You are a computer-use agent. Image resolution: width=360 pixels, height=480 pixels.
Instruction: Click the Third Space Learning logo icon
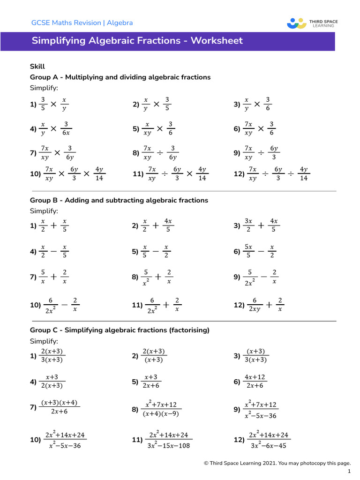click(296, 23)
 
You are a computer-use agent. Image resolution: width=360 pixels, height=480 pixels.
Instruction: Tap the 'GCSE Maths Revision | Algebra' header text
click(82, 22)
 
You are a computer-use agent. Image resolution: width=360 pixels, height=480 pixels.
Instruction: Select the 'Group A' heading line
click(120, 77)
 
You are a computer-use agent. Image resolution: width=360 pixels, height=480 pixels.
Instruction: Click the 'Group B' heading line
click(119, 200)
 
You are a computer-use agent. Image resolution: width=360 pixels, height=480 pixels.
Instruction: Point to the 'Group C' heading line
click(120, 330)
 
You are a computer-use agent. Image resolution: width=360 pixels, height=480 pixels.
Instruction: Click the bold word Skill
click(37, 67)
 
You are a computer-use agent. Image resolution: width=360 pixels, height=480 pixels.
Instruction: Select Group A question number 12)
click(240, 174)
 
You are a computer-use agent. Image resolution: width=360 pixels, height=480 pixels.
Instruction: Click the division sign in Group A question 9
click(261, 152)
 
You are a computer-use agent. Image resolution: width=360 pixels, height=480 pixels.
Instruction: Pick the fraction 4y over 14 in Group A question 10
click(99, 174)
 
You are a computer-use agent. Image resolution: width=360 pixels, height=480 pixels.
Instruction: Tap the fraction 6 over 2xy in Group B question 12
click(255, 305)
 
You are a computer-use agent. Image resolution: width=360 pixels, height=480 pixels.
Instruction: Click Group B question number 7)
click(33, 277)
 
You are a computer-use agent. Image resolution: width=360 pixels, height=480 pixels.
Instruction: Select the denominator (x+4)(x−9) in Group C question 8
click(161, 414)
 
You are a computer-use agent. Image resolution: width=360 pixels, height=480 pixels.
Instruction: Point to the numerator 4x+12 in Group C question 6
click(255, 377)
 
